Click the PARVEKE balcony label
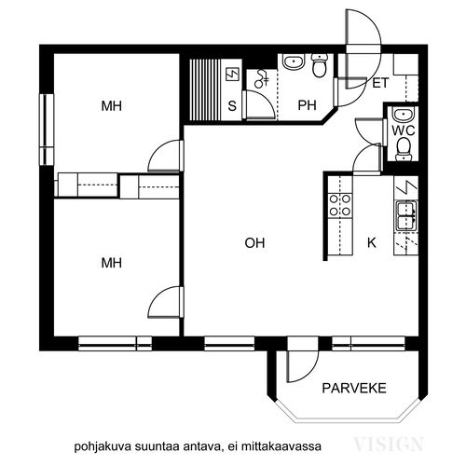(354, 388)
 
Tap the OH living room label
(254, 242)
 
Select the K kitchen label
(372, 242)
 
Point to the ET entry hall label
(380, 83)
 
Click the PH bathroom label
(307, 105)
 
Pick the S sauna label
(232, 106)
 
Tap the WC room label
(403, 130)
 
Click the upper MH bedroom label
(111, 106)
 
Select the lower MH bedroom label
(111, 263)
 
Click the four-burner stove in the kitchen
(340, 205)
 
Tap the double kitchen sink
(406, 216)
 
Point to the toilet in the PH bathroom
(320, 65)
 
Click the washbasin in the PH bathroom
(293, 62)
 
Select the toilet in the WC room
(403, 149)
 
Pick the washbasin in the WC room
(403, 115)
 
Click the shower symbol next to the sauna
(261, 79)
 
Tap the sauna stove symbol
(233, 75)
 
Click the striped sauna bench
(205, 89)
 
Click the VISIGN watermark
(389, 444)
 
